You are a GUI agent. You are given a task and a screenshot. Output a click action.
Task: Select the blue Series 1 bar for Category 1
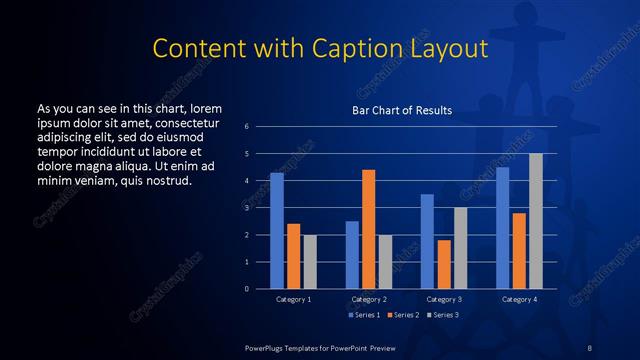(x=277, y=231)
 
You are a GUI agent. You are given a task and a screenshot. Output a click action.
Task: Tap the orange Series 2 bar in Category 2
(x=368, y=229)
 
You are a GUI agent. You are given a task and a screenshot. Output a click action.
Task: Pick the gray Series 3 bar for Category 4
(x=536, y=221)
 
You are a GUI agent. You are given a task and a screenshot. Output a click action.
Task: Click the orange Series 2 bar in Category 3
(x=443, y=264)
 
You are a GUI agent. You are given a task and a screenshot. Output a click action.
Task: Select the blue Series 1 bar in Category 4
(x=502, y=228)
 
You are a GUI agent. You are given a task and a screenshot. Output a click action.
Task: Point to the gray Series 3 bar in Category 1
(x=310, y=261)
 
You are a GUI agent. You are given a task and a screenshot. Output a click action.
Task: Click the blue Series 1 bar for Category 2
(x=352, y=255)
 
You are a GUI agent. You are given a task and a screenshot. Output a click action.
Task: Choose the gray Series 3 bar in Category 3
(x=460, y=248)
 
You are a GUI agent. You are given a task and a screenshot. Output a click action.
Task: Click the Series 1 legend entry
(x=363, y=315)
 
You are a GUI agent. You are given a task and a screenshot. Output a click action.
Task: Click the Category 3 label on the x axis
(x=443, y=299)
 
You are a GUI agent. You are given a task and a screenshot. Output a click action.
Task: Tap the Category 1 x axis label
(x=293, y=299)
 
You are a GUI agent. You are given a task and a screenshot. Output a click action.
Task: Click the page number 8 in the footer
(x=590, y=347)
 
